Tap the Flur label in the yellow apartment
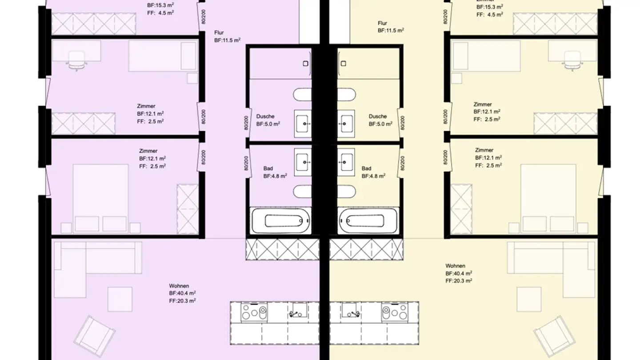click(382, 23)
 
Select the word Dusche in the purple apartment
click(265, 116)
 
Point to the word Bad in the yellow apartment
click(366, 168)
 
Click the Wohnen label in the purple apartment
click(179, 286)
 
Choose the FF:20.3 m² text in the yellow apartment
click(459, 280)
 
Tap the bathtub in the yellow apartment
click(368, 220)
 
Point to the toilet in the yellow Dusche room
click(346, 95)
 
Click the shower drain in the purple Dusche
click(306, 64)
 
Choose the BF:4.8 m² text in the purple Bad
click(275, 176)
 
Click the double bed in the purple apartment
click(101, 198)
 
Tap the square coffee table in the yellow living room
click(529, 299)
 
